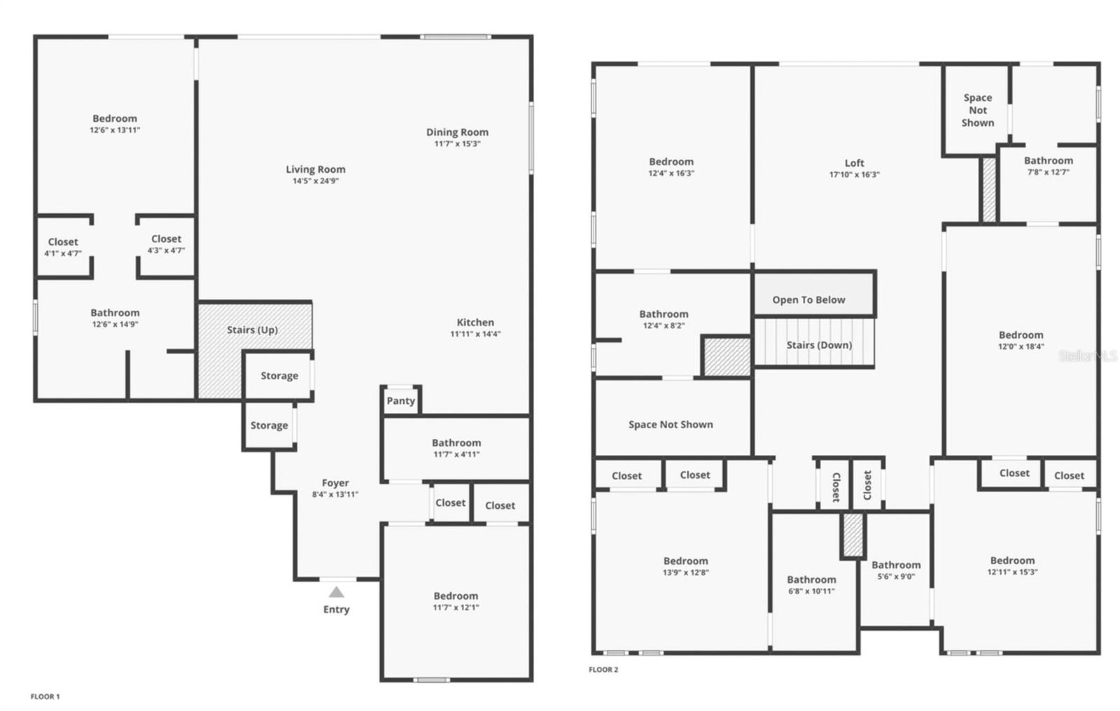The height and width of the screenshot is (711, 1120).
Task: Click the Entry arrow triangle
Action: [337, 592]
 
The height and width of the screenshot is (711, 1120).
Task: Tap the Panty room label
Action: [400, 401]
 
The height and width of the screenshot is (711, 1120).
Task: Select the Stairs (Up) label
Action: [252, 330]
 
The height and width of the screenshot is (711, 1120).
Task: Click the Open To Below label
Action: [808, 300]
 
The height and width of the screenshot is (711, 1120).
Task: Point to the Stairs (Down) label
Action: [819, 345]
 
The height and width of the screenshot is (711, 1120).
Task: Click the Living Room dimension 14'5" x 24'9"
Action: [316, 181]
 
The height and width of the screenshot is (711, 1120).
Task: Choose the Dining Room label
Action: [457, 132]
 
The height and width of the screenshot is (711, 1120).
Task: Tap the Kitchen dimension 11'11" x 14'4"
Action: [475, 335]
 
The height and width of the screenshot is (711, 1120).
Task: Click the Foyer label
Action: [335, 483]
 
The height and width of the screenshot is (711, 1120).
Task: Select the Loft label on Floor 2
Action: [854, 163]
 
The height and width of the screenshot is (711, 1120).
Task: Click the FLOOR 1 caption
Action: [45, 696]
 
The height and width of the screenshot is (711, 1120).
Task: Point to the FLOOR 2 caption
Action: [603, 670]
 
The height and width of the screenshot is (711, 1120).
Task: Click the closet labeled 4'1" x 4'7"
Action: [63, 253]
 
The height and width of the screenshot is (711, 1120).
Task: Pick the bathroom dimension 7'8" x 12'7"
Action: [1048, 172]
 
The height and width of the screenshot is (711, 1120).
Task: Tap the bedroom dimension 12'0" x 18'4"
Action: [1021, 346]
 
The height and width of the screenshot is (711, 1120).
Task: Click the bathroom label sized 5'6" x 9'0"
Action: [896, 565]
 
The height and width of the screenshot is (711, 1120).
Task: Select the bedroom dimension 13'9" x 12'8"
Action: [685, 572]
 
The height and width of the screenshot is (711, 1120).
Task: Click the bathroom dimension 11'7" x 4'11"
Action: [456, 454]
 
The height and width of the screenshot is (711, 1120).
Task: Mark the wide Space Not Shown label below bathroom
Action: [671, 424]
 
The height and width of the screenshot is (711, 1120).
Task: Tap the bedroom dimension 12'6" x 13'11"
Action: [115, 130]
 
